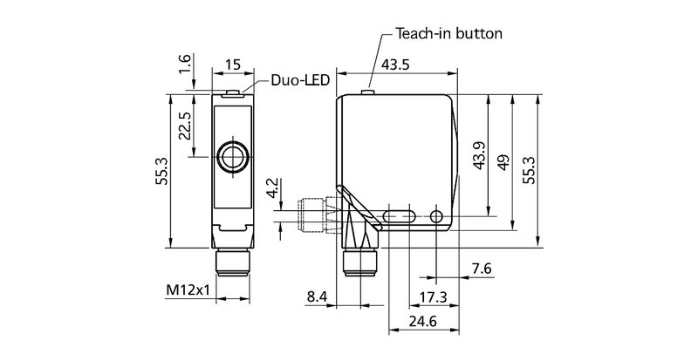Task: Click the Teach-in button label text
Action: click(448, 34)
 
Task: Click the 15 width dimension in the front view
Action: click(233, 65)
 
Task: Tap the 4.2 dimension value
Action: click(273, 189)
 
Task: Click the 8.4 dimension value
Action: click(318, 297)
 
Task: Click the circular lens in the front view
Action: click(233, 158)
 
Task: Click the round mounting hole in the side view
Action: click(437, 215)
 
